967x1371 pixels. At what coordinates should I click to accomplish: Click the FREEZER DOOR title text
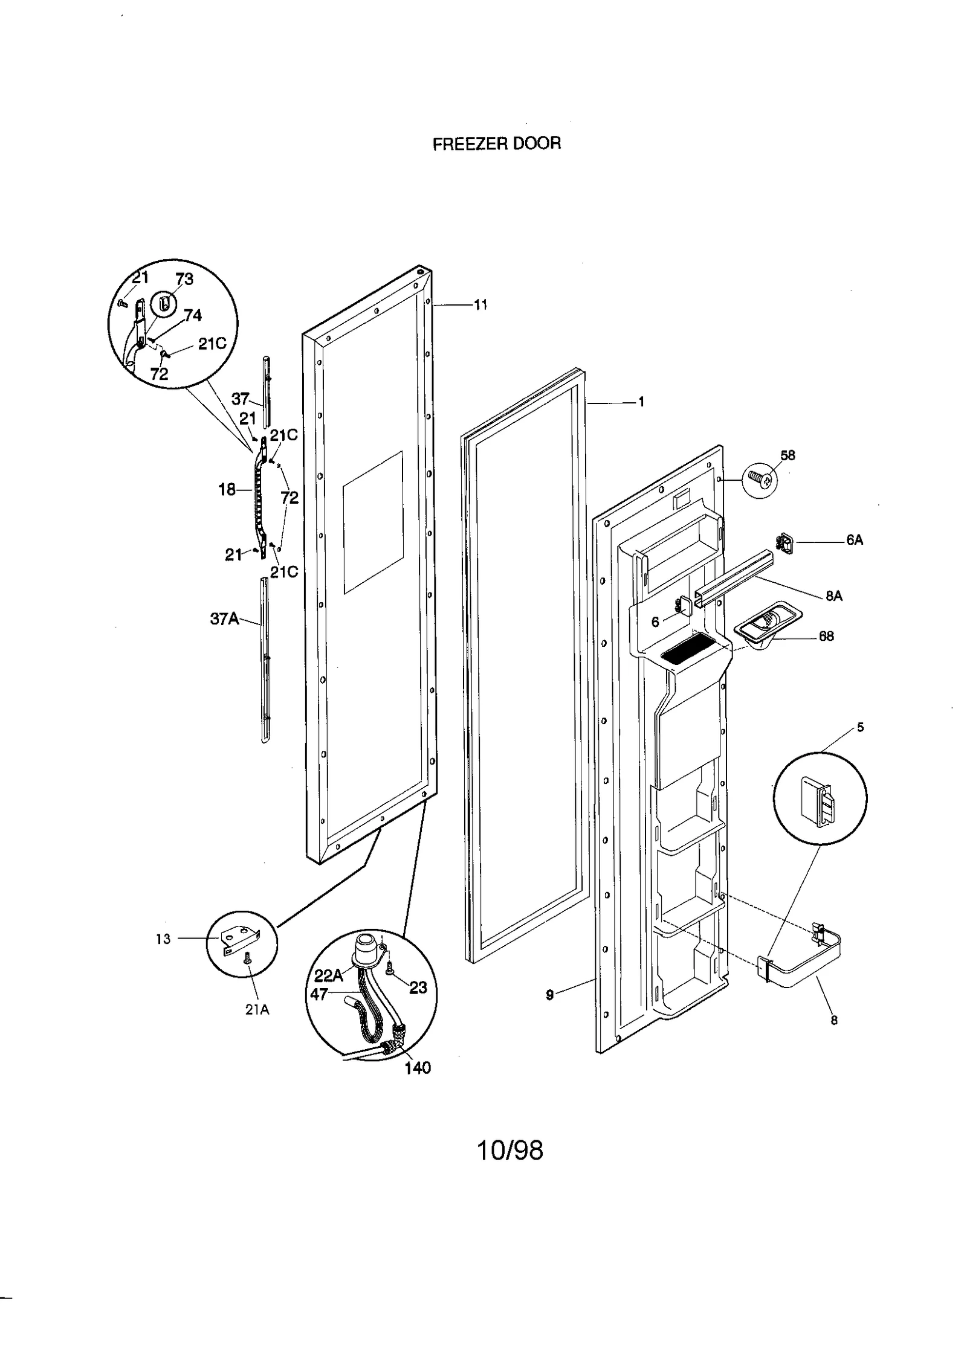coord(496,144)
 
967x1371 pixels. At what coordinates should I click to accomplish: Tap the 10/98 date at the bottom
coord(510,1151)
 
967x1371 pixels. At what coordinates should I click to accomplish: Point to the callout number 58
coord(788,455)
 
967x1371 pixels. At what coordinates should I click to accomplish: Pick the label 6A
coord(854,540)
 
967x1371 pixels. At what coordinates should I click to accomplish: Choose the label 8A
coord(833,596)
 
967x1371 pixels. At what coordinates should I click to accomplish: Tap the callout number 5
coord(860,728)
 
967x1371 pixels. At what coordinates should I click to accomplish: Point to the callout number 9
coord(549,995)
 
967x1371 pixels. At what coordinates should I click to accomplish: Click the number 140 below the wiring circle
coord(418,1068)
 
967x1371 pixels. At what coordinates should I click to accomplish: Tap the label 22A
coord(328,975)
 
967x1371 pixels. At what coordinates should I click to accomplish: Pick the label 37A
coord(224,618)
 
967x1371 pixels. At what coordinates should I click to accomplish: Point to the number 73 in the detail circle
coord(184,279)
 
